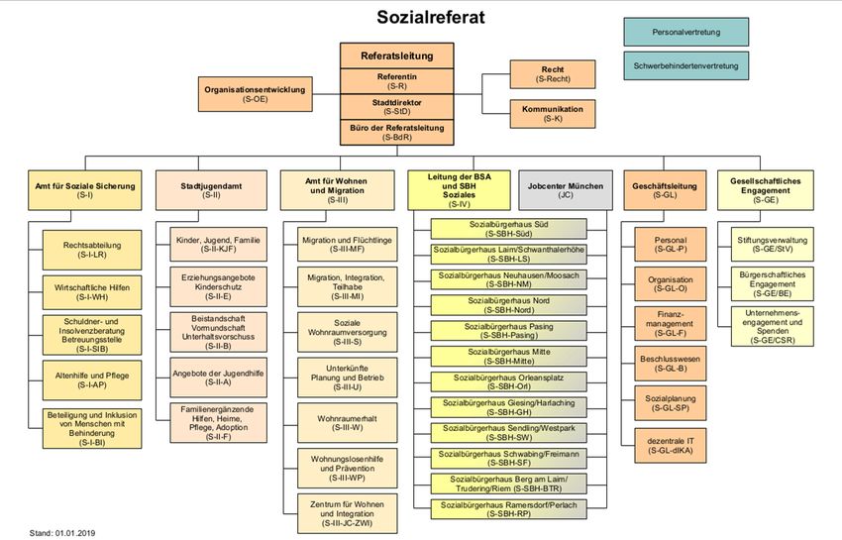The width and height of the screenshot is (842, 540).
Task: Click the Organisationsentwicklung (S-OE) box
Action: click(x=255, y=93)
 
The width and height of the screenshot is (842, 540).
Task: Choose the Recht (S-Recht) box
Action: click(x=553, y=73)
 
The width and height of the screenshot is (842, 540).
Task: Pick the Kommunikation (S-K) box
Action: click(x=553, y=113)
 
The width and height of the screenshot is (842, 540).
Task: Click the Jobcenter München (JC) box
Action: click(x=566, y=190)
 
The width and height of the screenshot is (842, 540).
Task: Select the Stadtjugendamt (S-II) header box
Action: click(x=212, y=190)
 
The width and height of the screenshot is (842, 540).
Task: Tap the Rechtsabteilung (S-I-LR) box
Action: click(x=84, y=249)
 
